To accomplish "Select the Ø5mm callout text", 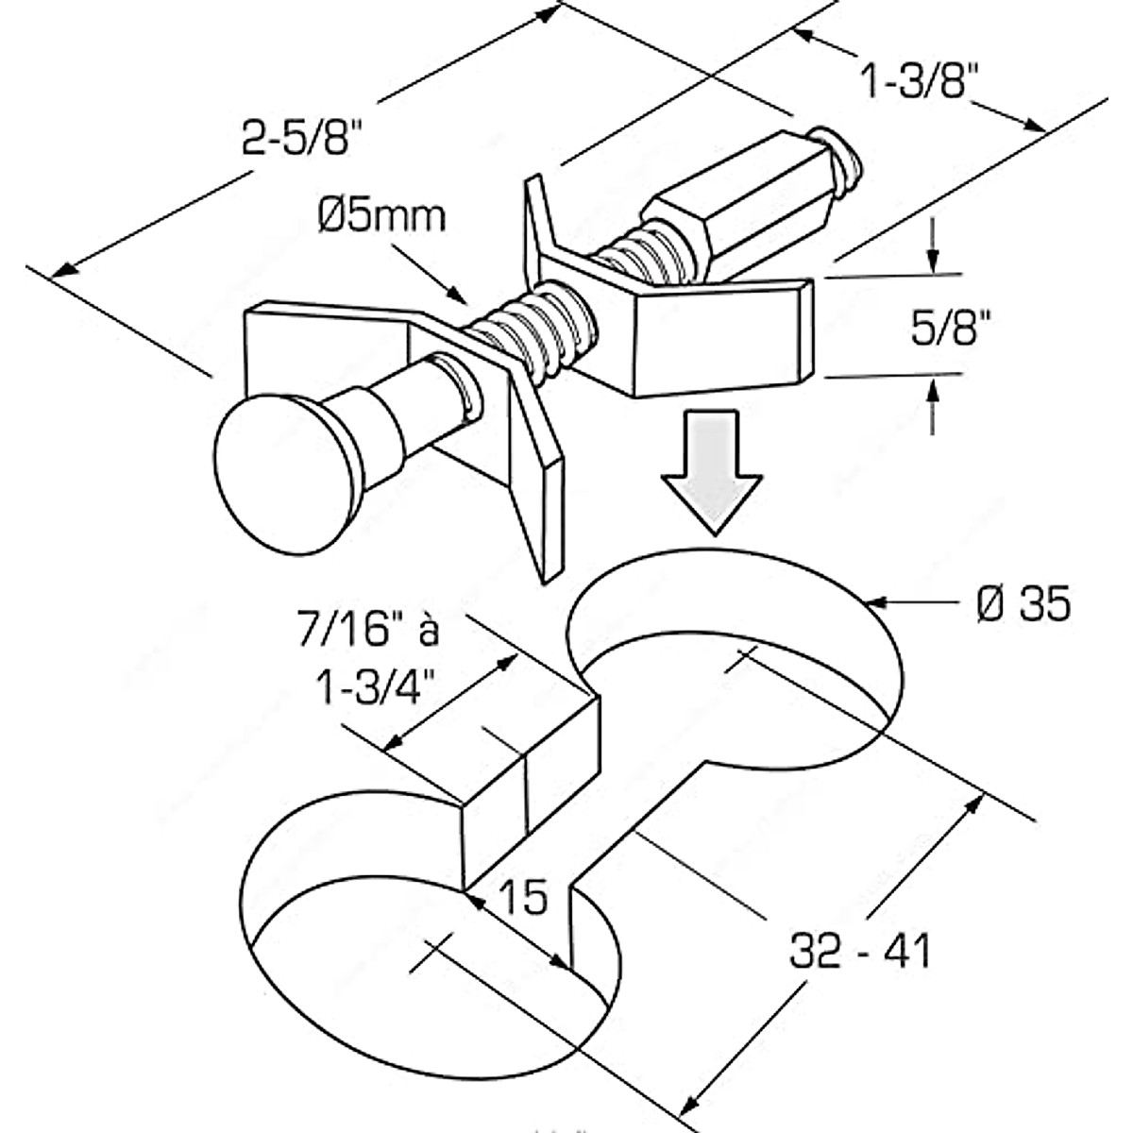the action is [x=381, y=217].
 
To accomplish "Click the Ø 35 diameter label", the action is [x=1023, y=605].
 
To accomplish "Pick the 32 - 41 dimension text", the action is [x=860, y=952].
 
